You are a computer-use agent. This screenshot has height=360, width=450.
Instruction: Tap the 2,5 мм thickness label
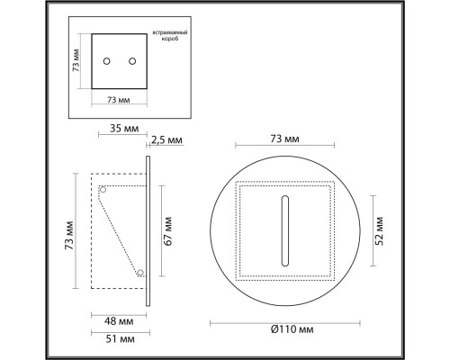click(166, 140)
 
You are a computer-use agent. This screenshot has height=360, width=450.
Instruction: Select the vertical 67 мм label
click(167, 232)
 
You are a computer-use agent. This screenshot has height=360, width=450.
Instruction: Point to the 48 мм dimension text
click(118, 320)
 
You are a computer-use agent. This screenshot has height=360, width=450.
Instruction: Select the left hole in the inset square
click(107, 61)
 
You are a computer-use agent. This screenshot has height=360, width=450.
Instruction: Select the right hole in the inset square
click(132, 61)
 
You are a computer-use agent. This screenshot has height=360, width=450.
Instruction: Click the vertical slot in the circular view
click(285, 230)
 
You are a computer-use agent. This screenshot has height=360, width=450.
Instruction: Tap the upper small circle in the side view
click(103, 190)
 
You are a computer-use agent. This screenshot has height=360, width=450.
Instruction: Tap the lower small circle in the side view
click(139, 272)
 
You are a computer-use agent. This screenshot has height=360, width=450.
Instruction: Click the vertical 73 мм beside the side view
click(69, 232)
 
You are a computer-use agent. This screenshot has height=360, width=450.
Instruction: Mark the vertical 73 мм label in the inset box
click(78, 61)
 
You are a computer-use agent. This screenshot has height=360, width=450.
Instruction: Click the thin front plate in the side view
click(148, 232)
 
